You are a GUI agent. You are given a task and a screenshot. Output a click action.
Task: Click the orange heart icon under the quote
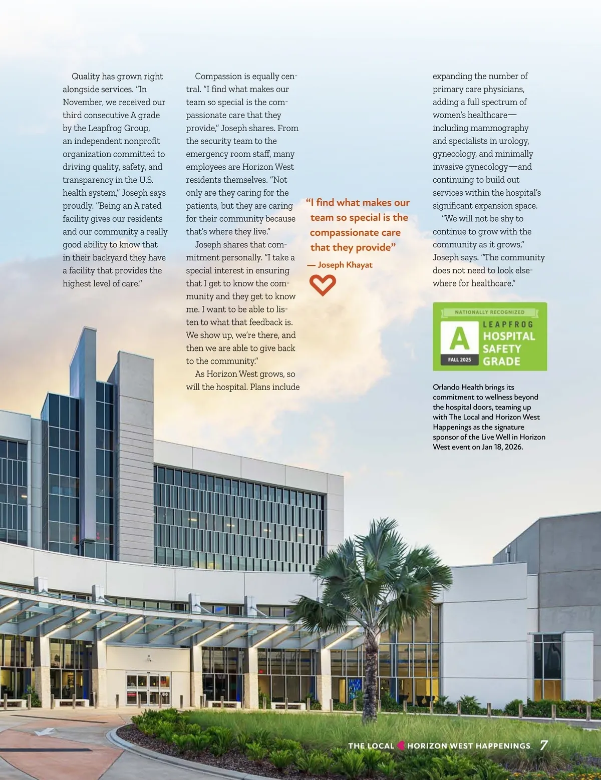(x=323, y=285)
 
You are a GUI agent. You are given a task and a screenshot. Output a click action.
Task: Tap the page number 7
(x=544, y=745)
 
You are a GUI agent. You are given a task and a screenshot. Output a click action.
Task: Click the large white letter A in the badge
(x=459, y=338)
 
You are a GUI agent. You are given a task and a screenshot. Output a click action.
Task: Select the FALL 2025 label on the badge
(x=459, y=360)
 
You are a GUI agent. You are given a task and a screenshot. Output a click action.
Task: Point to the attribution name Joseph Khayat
(x=345, y=265)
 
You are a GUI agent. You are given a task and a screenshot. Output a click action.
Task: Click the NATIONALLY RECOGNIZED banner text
(x=489, y=312)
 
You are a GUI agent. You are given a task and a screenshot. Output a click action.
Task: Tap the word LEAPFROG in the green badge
(x=508, y=324)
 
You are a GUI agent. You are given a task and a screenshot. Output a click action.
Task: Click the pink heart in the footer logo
(x=401, y=745)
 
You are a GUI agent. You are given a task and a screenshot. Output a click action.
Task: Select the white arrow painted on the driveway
(x=45, y=731)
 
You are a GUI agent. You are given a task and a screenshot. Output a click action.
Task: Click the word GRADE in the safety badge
(x=501, y=361)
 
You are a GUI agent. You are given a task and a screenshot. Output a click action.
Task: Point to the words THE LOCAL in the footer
(x=371, y=746)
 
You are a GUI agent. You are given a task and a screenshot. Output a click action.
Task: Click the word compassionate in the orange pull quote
(x=355, y=233)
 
